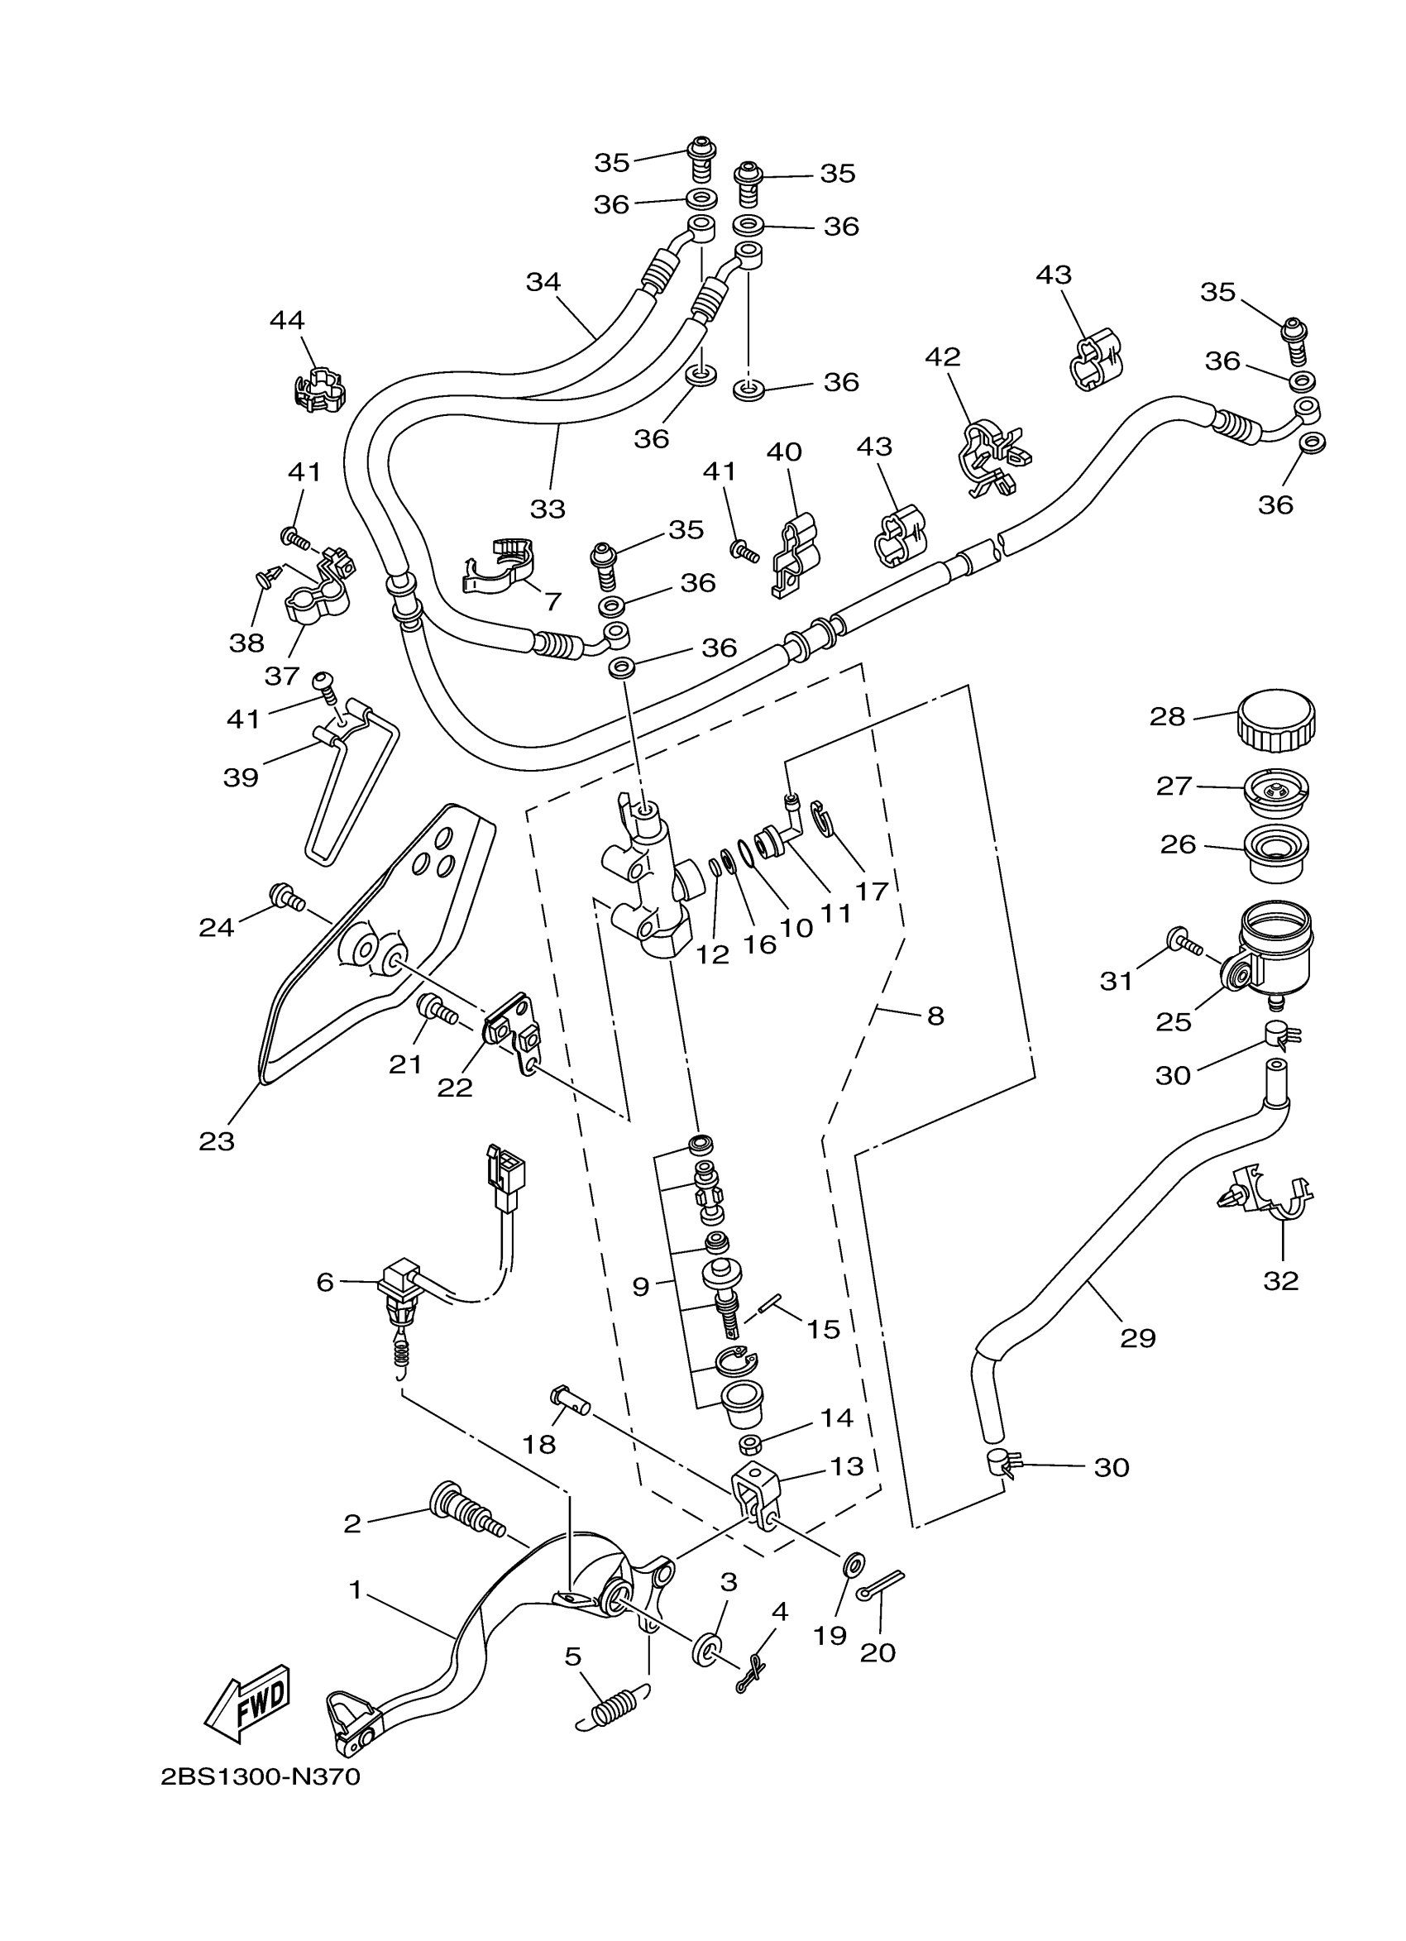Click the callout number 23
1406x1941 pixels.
[x=217, y=1140]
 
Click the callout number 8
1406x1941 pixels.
[x=935, y=1016]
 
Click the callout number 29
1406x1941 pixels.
[x=1137, y=1336]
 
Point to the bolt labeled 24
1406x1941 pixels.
[x=287, y=898]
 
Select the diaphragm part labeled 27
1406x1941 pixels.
[x=1274, y=790]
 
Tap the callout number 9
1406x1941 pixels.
[x=641, y=1286]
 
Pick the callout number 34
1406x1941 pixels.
[x=543, y=281]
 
